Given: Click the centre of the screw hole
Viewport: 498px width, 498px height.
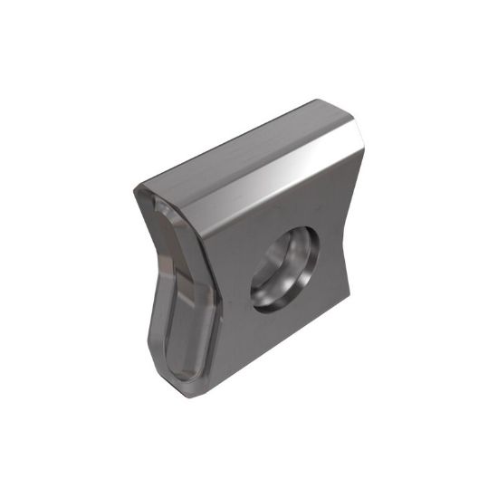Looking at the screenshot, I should point(286,269).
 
